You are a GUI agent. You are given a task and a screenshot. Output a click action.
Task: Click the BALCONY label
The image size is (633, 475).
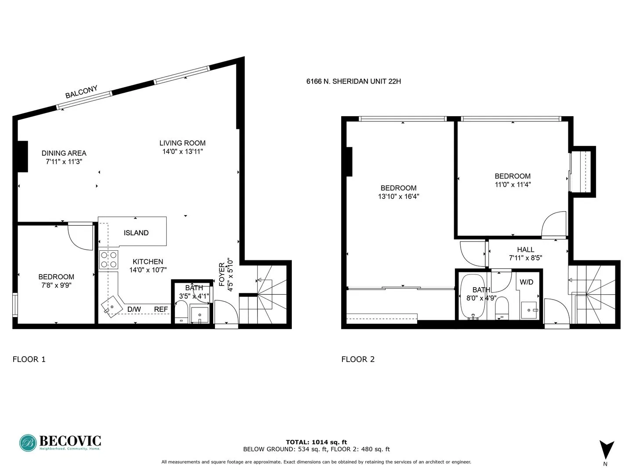pos(81,92)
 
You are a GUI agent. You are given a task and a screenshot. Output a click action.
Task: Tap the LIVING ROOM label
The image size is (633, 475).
pos(182,143)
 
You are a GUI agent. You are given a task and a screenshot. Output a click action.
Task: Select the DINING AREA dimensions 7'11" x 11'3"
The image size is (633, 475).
pos(64,162)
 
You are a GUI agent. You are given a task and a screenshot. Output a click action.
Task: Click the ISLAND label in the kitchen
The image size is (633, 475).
pos(136,233)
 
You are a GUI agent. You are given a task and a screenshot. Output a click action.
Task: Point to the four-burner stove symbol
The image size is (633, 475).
pos(109,259)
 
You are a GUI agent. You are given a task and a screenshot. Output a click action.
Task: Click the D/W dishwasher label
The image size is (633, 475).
pos(134,309)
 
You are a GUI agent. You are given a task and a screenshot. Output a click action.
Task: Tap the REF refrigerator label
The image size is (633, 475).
pos(161,309)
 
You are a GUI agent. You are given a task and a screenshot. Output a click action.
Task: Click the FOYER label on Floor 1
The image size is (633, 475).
pos(222,274)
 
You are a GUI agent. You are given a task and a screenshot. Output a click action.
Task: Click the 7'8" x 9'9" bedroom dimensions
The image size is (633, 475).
pos(56,285)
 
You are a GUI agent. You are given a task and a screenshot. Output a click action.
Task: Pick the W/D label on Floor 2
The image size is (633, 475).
pos(526,282)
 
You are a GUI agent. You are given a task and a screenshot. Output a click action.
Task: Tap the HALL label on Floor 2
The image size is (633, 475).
pos(525,249)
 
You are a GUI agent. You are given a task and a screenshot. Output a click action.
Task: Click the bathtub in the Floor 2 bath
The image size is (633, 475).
pos(473,297)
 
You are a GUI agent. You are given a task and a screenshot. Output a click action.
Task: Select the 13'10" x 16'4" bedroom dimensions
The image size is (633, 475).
pos(398,197)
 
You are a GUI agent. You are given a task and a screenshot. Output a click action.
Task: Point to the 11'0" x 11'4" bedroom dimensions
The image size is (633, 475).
pos(513,185)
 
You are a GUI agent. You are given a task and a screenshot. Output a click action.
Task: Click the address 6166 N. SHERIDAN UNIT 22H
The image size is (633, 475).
pos(353,81)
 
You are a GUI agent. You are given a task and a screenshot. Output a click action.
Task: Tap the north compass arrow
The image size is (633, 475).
pos(607,449)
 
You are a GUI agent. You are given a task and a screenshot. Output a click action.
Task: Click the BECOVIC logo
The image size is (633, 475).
pos(60,442)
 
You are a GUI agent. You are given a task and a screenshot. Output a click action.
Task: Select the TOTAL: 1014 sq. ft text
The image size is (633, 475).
pos(316,442)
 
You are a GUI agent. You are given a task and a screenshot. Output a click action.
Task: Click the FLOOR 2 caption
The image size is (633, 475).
pos(358,359)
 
